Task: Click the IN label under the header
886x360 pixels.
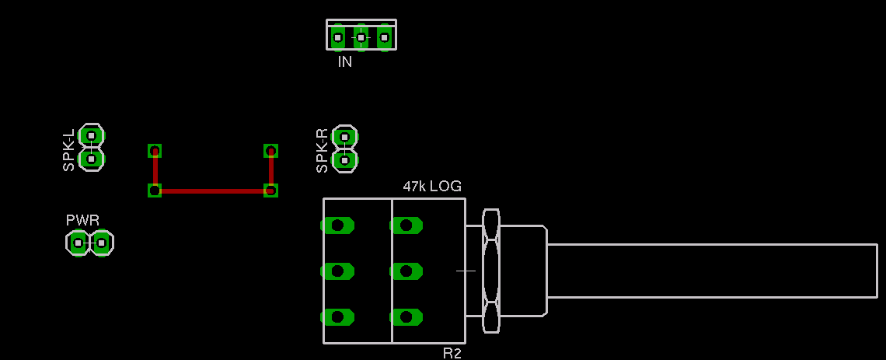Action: [345, 62]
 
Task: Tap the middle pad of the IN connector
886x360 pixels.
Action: [361, 37]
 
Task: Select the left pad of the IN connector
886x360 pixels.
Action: [337, 37]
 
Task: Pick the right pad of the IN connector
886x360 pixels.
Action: [384, 37]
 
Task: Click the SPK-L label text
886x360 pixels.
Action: [69, 150]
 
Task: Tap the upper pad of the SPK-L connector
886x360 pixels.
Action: [91, 135]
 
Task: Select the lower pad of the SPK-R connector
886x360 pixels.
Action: [344, 160]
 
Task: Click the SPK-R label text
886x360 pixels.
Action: [323, 150]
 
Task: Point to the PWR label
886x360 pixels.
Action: [82, 220]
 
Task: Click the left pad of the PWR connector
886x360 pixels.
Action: [78, 243]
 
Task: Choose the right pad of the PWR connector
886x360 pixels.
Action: [101, 243]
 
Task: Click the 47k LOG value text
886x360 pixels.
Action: [432, 187]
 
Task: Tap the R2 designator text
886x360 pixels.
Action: [452, 354]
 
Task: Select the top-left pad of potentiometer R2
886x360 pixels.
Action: [337, 225]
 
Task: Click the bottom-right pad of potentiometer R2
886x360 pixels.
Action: [406, 317]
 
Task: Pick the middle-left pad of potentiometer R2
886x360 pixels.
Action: [337, 271]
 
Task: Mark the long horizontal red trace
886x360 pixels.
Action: [212, 190]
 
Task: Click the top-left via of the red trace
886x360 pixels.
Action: [155, 151]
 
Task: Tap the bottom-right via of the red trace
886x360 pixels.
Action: [270, 190]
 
